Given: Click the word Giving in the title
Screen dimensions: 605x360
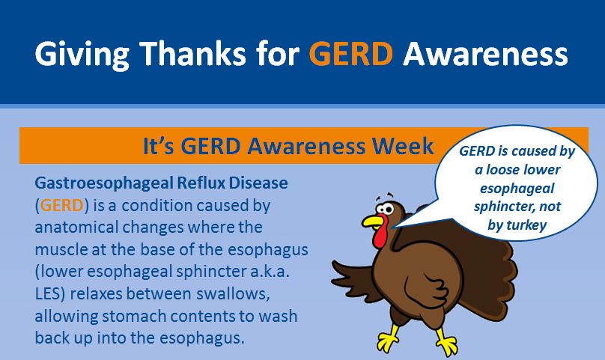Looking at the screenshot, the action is click(x=82, y=54).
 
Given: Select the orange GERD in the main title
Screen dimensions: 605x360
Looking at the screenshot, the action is click(x=350, y=53).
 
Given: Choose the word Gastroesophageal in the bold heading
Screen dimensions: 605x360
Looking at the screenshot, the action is click(x=103, y=183).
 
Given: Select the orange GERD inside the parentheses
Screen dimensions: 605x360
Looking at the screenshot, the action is click(x=61, y=205).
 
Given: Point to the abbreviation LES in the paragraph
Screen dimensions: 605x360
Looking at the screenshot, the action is click(x=46, y=293).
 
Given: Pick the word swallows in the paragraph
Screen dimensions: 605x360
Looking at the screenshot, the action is click(x=232, y=294).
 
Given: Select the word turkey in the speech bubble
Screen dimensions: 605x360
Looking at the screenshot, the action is click(x=527, y=225).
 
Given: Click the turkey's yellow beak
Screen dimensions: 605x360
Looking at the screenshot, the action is click(x=373, y=222).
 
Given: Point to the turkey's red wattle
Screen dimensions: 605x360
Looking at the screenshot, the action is click(x=381, y=234).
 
